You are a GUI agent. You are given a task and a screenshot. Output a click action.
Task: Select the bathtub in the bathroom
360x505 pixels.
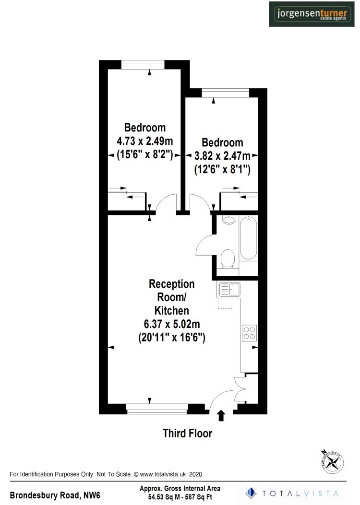click(248, 238)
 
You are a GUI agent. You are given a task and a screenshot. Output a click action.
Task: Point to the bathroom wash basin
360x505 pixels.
click(229, 220)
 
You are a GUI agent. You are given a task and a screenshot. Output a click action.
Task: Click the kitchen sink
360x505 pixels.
click(229, 289)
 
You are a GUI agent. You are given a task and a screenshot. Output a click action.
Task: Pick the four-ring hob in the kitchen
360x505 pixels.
click(250, 332)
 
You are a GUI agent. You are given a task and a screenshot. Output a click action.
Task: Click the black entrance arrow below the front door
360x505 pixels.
click(221, 415)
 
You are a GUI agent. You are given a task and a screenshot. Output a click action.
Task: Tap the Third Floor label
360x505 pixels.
click(187, 434)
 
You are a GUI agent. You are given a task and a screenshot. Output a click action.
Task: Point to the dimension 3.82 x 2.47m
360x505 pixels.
click(222, 156)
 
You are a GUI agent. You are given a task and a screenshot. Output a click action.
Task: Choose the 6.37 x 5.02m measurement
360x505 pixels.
click(171, 325)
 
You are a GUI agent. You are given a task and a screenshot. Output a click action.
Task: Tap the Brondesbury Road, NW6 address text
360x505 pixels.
click(55, 494)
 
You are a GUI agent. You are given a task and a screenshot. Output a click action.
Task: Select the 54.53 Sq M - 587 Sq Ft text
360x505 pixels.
click(180, 497)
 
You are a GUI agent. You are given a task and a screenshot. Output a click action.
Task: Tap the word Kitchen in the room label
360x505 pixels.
click(171, 310)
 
